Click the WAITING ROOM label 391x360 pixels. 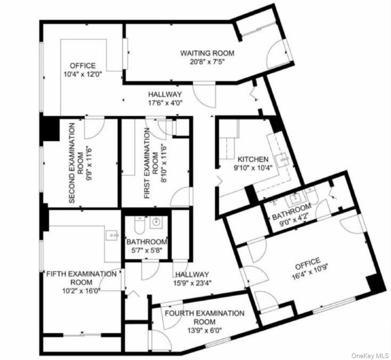pyautogui.click(x=207, y=53)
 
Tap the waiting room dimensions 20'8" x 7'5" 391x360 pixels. pyautogui.click(x=207, y=61)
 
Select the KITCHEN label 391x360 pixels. pyautogui.click(x=253, y=159)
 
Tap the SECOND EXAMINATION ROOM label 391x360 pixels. pyautogui.click(x=72, y=163)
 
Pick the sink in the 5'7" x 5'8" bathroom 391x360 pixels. pyautogui.click(x=156, y=223)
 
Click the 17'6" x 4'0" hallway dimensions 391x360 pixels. pyautogui.click(x=165, y=102)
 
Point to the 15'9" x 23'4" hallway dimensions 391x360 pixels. pyautogui.click(x=192, y=283)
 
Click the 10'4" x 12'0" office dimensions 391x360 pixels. pyautogui.click(x=83, y=74)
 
